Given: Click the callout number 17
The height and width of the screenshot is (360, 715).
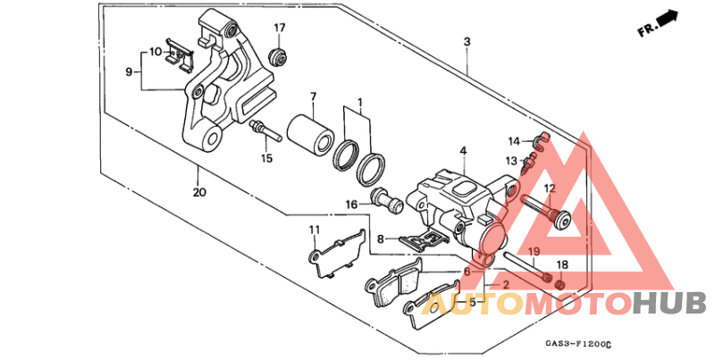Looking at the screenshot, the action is click(280, 29).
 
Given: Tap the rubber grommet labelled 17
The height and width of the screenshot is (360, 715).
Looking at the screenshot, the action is click(278, 56).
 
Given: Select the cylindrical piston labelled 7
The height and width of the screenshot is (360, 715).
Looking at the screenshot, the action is click(310, 134).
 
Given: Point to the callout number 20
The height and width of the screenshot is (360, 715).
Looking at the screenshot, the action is click(199, 192).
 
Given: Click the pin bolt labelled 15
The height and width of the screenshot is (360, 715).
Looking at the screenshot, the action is click(264, 130).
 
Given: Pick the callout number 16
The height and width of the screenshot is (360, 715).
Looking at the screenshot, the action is click(351, 205).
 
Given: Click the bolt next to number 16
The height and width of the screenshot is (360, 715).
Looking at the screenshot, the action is click(388, 201).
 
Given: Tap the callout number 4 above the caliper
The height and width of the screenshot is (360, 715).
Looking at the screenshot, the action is click(463, 150).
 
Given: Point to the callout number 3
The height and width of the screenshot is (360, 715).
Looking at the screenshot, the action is click(467, 42).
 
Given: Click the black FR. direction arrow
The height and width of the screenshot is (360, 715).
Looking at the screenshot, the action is click(668, 18).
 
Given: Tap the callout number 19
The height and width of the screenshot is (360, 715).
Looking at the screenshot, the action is click(534, 252).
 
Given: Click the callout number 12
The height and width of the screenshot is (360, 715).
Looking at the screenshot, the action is click(550, 188).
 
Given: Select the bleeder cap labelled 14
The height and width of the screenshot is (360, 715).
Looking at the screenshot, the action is click(543, 142).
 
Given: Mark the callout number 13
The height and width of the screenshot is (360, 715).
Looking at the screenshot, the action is click(511, 161).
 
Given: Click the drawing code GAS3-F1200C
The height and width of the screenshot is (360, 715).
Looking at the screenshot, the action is click(576, 344).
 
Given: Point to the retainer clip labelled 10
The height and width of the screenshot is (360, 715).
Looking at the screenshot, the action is click(179, 54).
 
